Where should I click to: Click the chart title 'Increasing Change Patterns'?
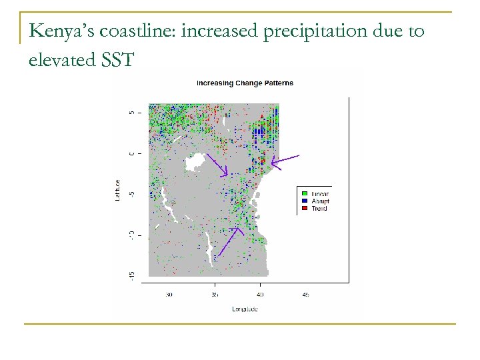pos(245,83)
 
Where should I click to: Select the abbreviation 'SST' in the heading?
pos(119,60)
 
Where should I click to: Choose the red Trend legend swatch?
pos(304,209)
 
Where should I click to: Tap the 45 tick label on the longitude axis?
pos(306,294)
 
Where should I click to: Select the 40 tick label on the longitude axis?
pos(260,294)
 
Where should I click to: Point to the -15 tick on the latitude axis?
pos(132,274)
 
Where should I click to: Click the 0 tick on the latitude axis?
pos(132,154)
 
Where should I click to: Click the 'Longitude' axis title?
pos(245,309)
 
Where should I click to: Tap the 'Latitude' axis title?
pos(117,190)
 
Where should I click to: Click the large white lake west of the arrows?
pos(196,161)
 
